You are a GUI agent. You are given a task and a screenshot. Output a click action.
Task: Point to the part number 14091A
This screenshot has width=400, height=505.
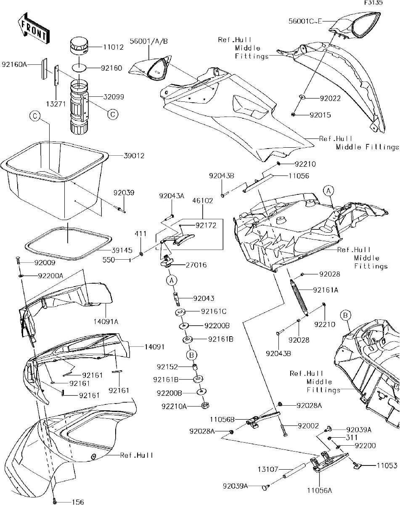click(106, 322)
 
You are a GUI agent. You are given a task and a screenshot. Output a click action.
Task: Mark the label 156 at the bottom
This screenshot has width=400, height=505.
click(78, 502)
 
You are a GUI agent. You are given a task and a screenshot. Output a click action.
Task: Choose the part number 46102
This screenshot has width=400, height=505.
click(202, 202)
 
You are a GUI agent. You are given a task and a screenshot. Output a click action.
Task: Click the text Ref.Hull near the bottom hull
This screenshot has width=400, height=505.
click(136, 455)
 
